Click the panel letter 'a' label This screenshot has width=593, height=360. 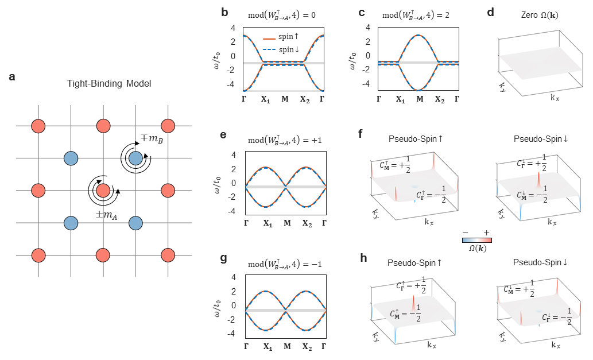click(12, 77)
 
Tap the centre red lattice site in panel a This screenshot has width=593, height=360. click(103, 190)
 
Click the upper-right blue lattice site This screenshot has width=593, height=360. click(135, 158)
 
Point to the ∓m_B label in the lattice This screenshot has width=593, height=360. click(149, 139)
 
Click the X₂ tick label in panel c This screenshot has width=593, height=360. click(439, 99)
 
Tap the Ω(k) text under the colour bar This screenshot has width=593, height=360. click(476, 248)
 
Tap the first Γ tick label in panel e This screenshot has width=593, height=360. click(247, 222)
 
